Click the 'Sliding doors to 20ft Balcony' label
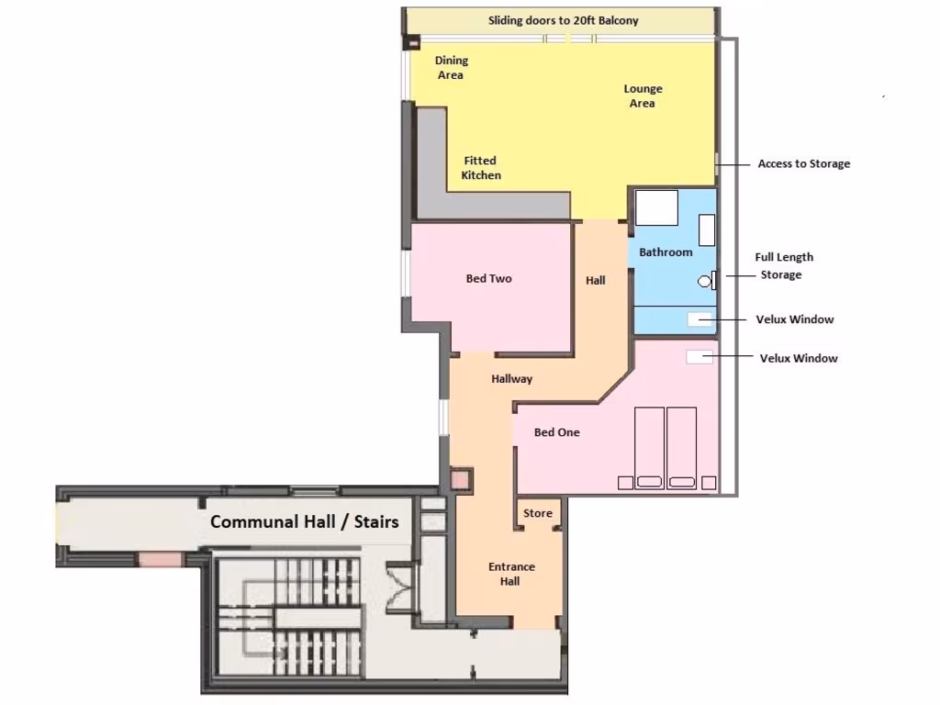[x=563, y=20]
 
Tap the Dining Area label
[x=451, y=67]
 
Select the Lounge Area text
[x=643, y=96]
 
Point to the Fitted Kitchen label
[x=480, y=168]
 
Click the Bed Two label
[x=488, y=279]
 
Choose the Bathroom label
[x=666, y=252]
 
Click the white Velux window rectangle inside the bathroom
[x=700, y=319]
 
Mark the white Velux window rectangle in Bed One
[x=699, y=357]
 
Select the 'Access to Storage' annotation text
[x=803, y=164]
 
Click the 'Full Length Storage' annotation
[x=783, y=266]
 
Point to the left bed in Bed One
[x=649, y=448]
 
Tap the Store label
[x=538, y=513]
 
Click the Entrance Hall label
[x=510, y=574]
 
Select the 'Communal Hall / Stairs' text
[x=304, y=521]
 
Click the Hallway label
[x=511, y=379]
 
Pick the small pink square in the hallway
[x=460, y=478]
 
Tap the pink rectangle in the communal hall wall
[x=161, y=558]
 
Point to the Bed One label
[x=556, y=432]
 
